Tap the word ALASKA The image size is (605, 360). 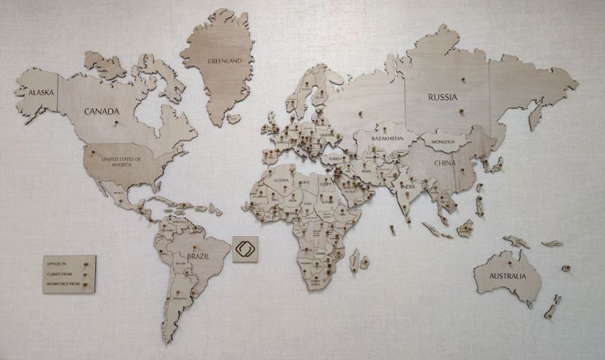[33, 91]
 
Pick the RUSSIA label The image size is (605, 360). [444, 96]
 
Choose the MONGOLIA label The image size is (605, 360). [442, 142]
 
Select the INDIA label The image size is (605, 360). [408, 187]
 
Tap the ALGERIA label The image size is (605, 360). [277, 183]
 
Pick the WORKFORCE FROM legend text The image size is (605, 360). [62, 284]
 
